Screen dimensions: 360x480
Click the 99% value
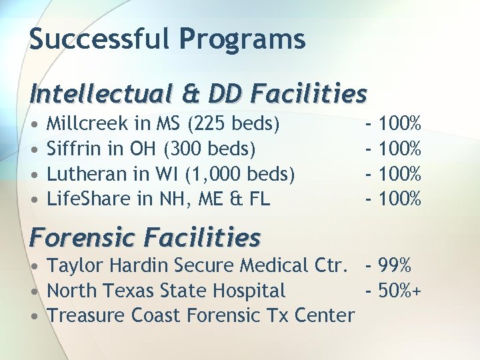[395, 265]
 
